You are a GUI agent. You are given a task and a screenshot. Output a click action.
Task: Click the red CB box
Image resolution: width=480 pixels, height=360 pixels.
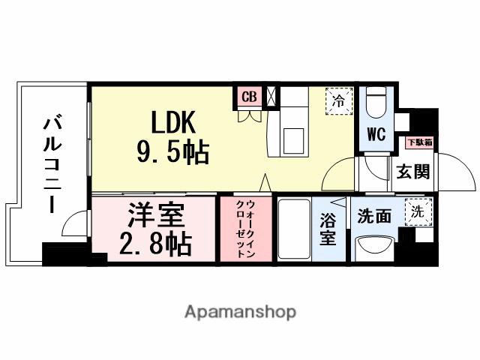248,97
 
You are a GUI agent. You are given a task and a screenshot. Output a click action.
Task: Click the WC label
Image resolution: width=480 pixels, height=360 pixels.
375,135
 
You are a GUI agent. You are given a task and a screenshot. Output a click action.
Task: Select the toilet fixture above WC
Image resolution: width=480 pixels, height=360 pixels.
376,101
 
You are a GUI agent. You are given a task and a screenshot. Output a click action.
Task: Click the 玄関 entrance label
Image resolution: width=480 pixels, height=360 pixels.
413,171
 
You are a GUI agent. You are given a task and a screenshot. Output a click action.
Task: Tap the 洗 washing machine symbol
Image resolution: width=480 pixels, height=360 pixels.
415,211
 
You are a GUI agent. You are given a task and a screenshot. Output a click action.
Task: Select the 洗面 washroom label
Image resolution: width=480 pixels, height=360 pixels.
373,215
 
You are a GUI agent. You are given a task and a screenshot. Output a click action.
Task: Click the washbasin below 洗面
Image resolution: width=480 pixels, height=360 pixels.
374,245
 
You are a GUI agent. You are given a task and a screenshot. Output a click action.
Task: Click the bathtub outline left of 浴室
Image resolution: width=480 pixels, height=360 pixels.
293,229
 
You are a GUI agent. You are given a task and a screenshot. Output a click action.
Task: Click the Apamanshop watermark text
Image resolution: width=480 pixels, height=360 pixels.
240,312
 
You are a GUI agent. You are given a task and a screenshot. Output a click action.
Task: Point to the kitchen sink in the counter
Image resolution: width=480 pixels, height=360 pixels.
294,138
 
